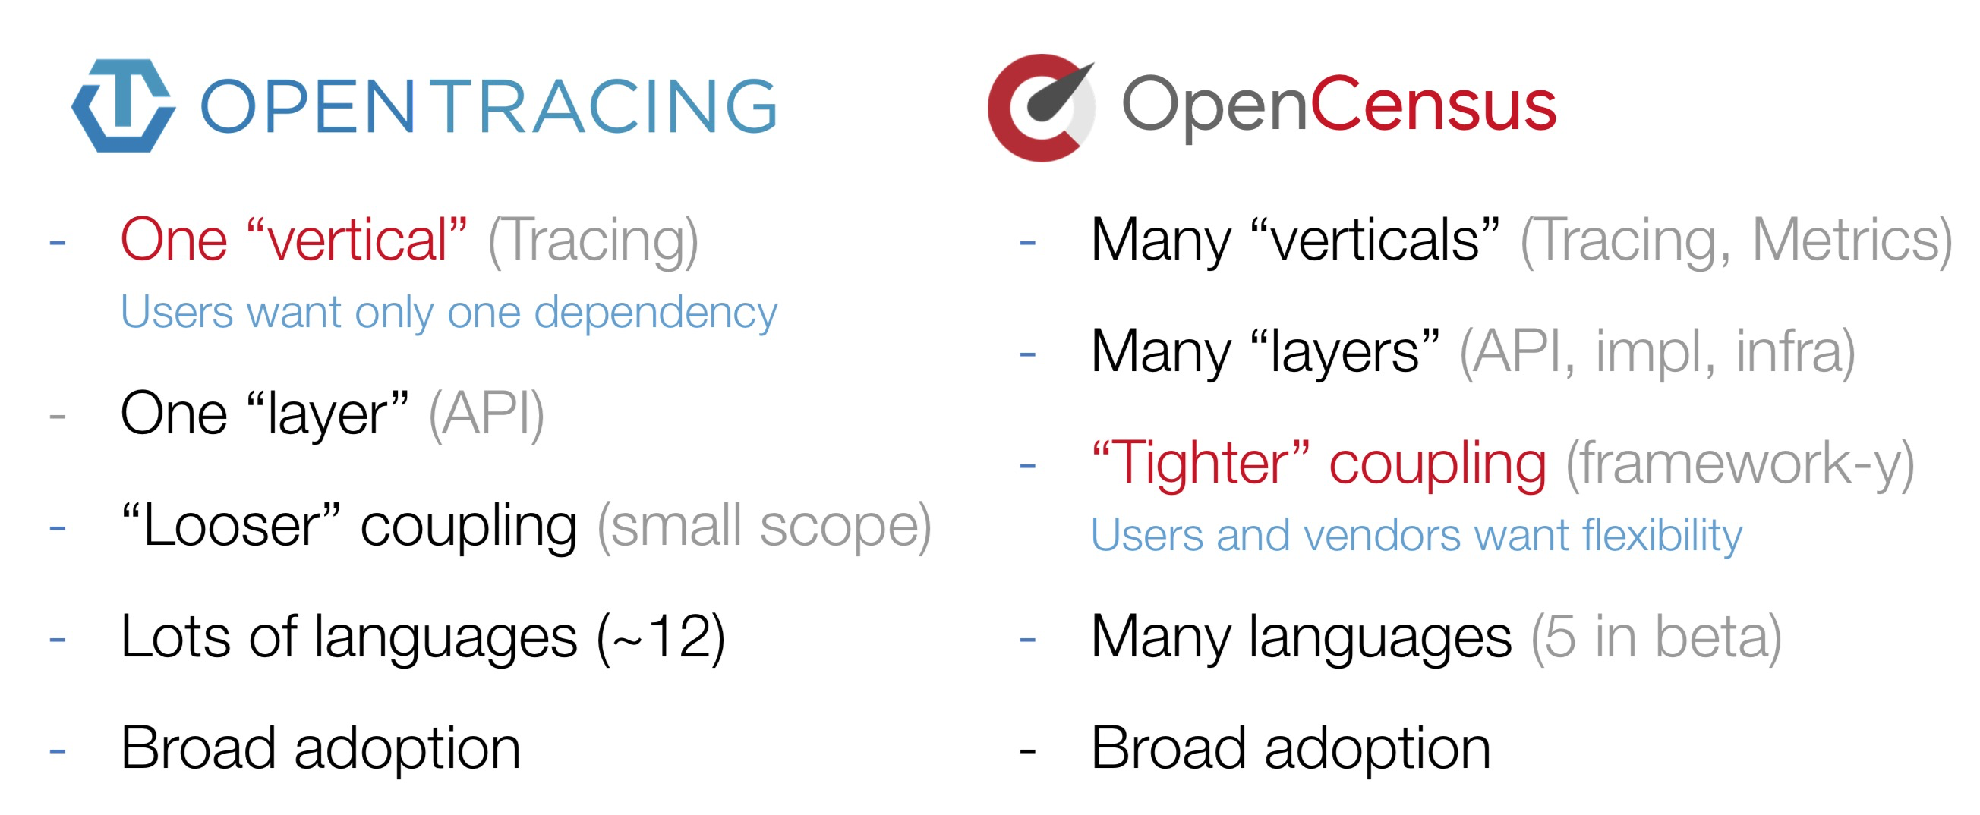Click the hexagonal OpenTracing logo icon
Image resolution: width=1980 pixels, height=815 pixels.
[123, 105]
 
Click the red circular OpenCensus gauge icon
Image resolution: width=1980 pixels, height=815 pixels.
[1042, 108]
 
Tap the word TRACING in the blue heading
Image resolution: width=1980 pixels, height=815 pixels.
[608, 105]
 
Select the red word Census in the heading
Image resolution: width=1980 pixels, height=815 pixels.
[1433, 105]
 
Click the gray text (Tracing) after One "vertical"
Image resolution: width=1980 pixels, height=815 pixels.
[594, 241]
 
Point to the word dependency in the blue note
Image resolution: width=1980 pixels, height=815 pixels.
[656, 314]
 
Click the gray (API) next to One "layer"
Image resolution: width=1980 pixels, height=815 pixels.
[487, 415]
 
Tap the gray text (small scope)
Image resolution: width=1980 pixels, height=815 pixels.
[764, 527]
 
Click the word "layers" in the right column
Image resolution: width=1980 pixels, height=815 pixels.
[1345, 353]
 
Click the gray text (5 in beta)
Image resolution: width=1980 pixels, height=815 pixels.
[1657, 637]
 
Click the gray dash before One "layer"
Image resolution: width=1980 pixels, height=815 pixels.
[57, 417]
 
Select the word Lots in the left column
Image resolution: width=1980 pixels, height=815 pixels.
[175, 637]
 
